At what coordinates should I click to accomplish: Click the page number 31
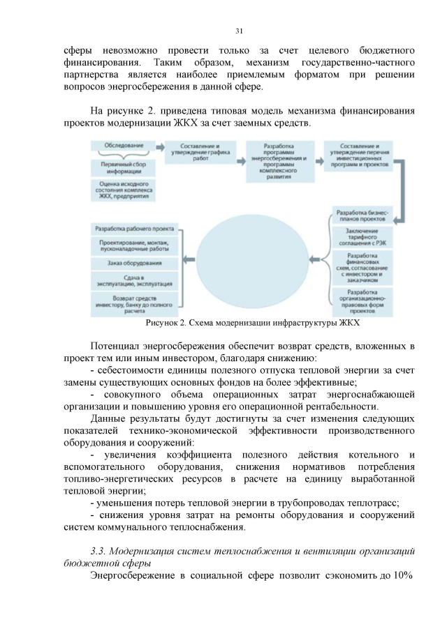[x=238, y=30]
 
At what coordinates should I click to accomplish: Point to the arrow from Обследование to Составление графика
[x=159, y=147]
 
